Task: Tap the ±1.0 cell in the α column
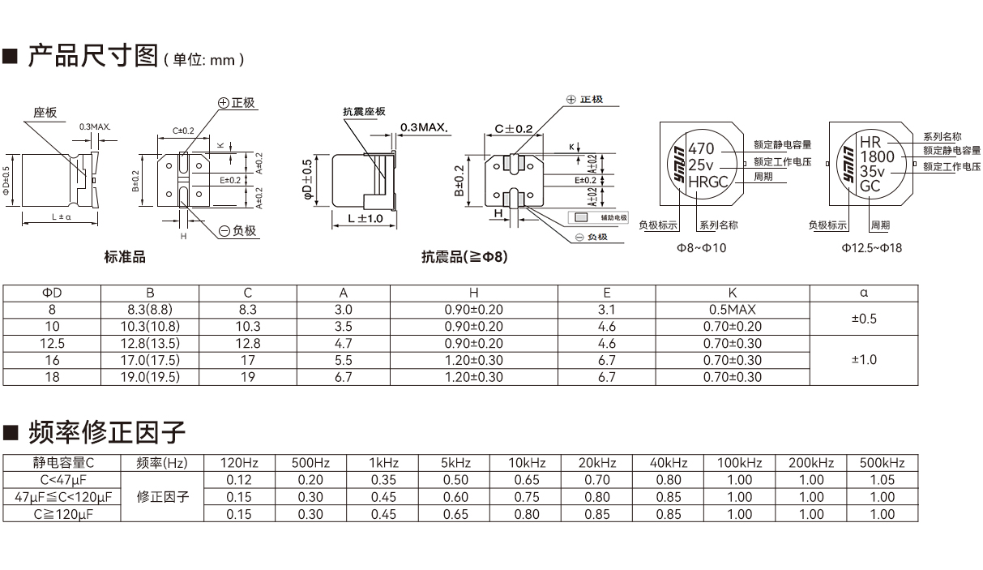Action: point(865,360)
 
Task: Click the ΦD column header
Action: point(52,293)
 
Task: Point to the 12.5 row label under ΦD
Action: point(52,344)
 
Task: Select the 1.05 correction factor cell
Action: point(882,480)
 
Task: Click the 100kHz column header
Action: point(739,463)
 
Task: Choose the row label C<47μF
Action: point(62,480)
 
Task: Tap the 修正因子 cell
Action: point(163,497)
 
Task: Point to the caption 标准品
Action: point(125,257)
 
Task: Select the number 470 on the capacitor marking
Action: point(701,149)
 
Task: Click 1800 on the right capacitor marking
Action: point(877,156)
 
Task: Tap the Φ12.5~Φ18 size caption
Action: point(871,248)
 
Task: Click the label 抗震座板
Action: point(364,112)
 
